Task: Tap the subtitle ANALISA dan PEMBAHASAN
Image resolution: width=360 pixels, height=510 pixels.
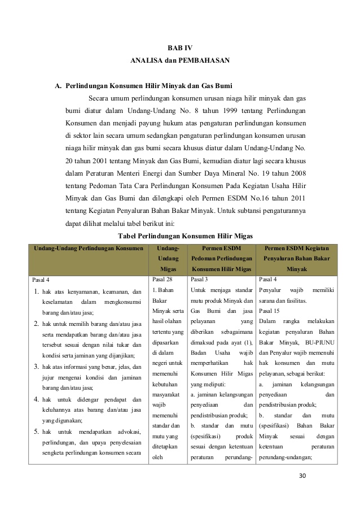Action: click(180, 59)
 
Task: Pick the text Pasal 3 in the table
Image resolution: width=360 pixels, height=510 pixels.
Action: click(200, 279)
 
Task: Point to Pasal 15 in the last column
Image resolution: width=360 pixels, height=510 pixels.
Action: click(269, 311)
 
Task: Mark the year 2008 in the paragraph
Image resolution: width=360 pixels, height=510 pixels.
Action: click(296, 173)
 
